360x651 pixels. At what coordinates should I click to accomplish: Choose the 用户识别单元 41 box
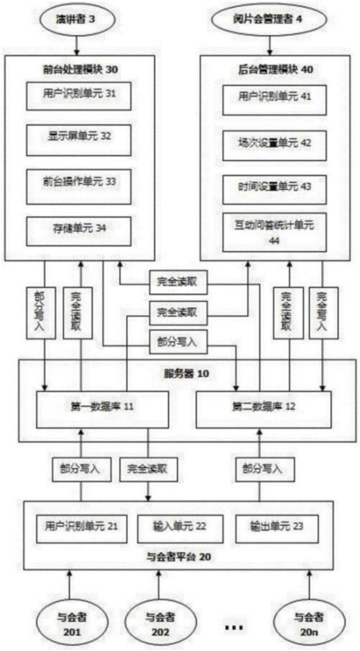pyautogui.click(x=269, y=100)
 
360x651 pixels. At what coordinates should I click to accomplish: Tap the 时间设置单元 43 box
pyautogui.click(x=269, y=189)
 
